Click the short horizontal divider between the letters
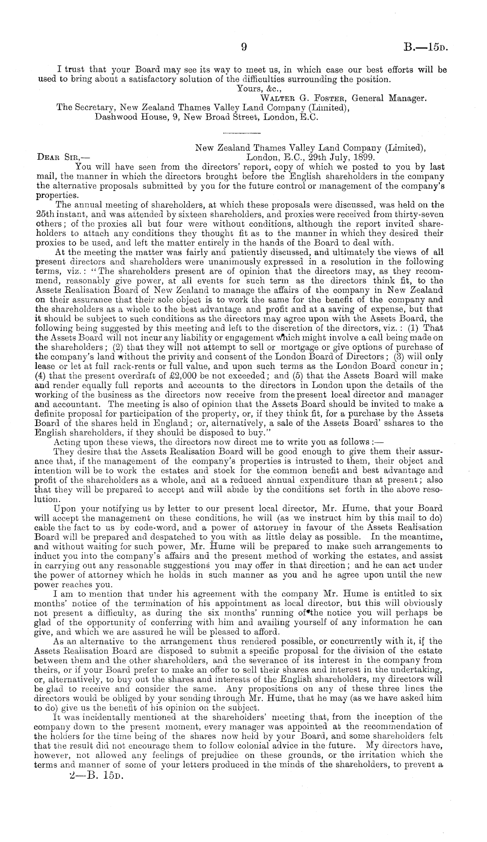point(241,132)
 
